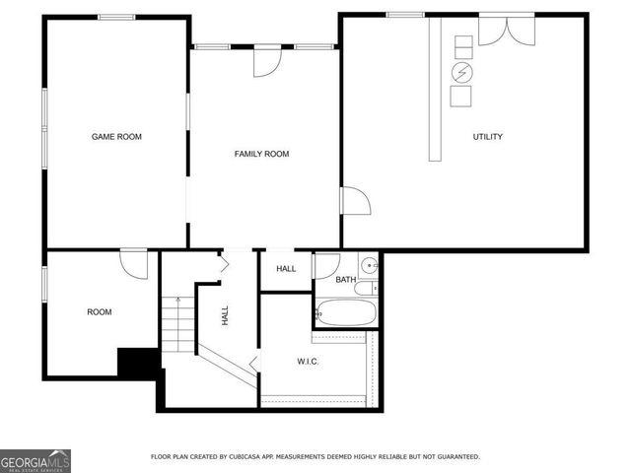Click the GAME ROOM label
pos(116,137)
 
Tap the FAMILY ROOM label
pos(261,154)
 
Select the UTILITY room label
pos(487,137)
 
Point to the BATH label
pos(345,280)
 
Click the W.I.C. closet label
pos(308,361)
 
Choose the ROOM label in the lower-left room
pos(99,312)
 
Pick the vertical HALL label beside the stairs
pos(226,315)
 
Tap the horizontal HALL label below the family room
pos(286,269)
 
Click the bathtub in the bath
pos(346,314)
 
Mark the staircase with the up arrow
pos(177,326)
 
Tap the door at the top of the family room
pos(267,61)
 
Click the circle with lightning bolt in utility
pos(461,73)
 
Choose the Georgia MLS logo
pos(35,460)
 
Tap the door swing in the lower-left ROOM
pos(134,263)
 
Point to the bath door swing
pos(326,265)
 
